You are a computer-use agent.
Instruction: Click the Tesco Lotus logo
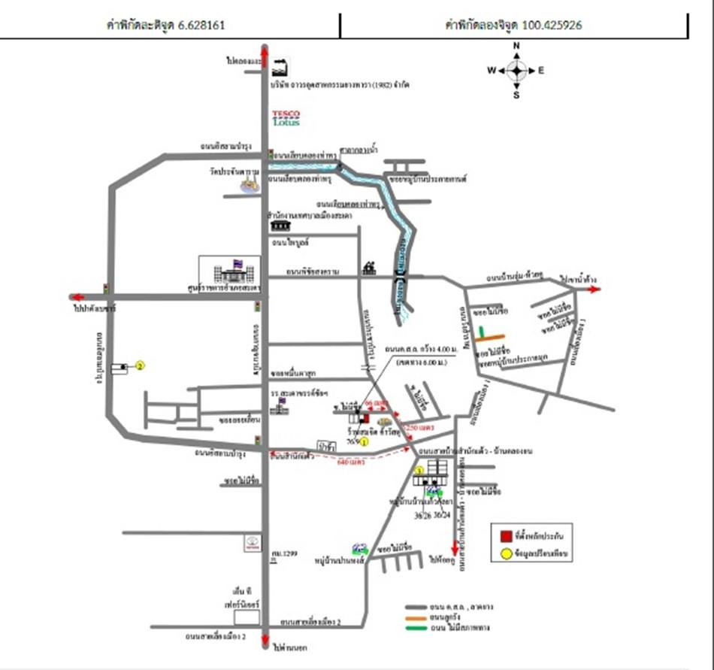coord(286,118)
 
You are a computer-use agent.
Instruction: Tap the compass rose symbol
coord(516,71)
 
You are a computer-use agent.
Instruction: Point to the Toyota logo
coord(251,544)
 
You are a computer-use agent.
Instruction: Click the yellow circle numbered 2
coord(140,366)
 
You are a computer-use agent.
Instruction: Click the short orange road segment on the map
coord(493,335)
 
